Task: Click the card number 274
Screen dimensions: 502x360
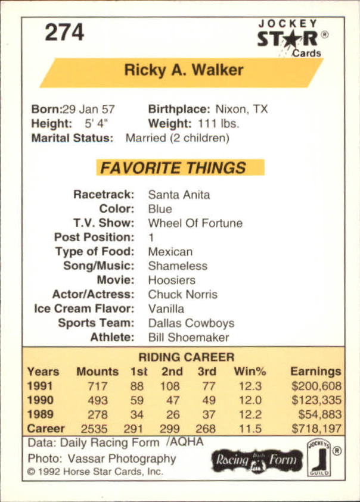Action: click(x=64, y=32)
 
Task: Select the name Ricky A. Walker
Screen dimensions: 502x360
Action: click(x=184, y=70)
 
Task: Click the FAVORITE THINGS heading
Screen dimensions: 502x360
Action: click(x=172, y=168)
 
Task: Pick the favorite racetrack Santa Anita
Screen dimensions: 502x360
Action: click(x=179, y=195)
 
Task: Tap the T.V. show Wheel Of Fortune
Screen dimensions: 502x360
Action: click(x=195, y=223)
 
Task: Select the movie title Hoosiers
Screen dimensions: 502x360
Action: click(x=172, y=280)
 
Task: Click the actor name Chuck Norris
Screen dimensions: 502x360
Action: click(x=182, y=294)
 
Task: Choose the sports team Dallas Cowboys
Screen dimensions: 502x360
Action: click(x=191, y=323)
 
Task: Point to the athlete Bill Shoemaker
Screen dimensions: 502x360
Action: click(x=188, y=338)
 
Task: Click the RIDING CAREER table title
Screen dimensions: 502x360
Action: click(x=187, y=357)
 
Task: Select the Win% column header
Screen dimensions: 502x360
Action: click(x=250, y=372)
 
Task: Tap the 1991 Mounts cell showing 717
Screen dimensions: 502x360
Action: click(x=97, y=386)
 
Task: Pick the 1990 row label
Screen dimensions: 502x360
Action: click(x=41, y=400)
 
